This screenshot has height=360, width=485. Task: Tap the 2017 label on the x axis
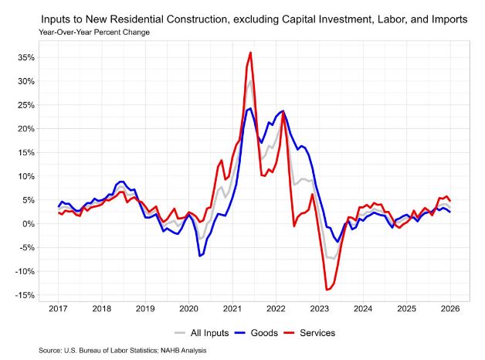tap(57, 309)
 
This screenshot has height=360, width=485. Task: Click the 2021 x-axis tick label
tap(233, 309)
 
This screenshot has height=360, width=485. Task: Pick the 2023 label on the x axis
tap(321, 309)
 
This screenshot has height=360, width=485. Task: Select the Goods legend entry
tap(250, 333)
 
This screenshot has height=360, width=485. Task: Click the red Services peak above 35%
tap(251, 53)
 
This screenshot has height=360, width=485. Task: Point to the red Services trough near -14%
tap(327, 290)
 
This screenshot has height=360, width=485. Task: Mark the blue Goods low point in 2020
tap(200, 256)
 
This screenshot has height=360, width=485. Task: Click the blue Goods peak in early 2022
tap(283, 111)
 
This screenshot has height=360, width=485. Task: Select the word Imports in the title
tap(445, 19)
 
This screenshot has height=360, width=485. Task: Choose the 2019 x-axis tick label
tap(145, 309)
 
